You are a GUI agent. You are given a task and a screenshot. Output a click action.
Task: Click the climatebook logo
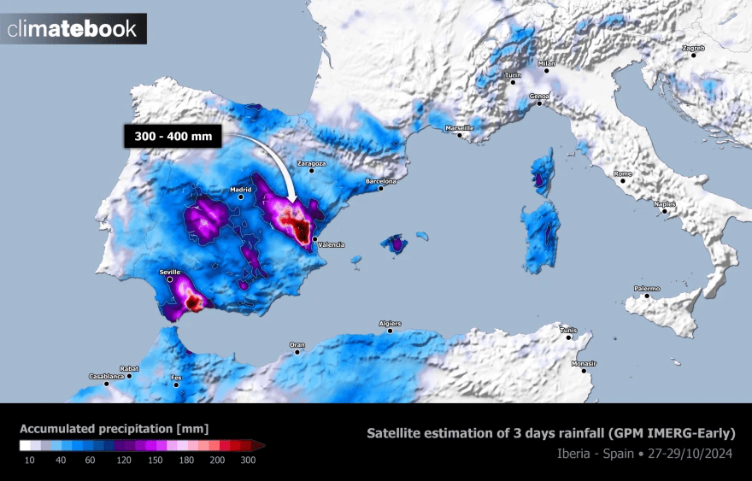pos(73,29)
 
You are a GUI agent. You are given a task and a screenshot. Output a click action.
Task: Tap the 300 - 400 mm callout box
pos(172,135)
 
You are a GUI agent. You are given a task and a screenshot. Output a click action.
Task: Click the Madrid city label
pos(238,190)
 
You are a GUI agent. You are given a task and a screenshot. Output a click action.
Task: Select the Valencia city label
pos(331,244)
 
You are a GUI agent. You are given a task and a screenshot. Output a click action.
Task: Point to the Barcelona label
pos(381,181)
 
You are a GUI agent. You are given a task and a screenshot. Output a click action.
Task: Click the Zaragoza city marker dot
pos(311,171)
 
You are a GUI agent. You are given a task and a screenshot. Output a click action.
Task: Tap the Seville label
pos(169,272)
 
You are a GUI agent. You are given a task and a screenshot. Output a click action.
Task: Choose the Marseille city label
pos(459,128)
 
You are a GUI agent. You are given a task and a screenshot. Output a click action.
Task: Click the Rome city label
pos(623,173)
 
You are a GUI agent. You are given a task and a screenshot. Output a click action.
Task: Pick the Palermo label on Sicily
pos(646,289)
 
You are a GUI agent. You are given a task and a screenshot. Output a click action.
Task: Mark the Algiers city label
pos(390,324)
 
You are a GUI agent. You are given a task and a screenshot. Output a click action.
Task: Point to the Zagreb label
pos(693,48)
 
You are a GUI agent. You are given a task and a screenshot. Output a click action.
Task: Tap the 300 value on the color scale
pos(247,460)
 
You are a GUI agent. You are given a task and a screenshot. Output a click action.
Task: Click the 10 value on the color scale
pos(28,460)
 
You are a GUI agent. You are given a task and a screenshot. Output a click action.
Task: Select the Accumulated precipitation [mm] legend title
pos(114,428)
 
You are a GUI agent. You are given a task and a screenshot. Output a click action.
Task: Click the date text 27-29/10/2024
pos(693,453)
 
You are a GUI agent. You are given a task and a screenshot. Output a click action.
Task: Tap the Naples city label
pos(665,203)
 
